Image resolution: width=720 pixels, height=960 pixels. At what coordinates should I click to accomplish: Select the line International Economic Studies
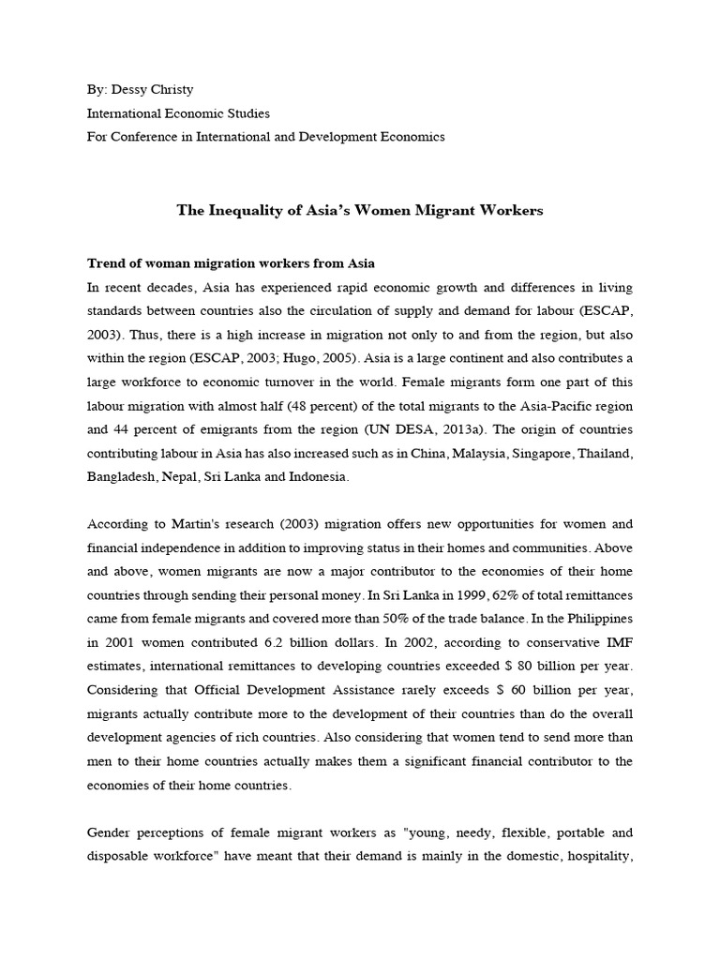(178, 113)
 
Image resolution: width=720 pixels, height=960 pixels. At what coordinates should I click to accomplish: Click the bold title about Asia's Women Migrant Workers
(360, 210)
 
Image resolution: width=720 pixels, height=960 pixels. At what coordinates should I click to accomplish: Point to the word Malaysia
(459, 453)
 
